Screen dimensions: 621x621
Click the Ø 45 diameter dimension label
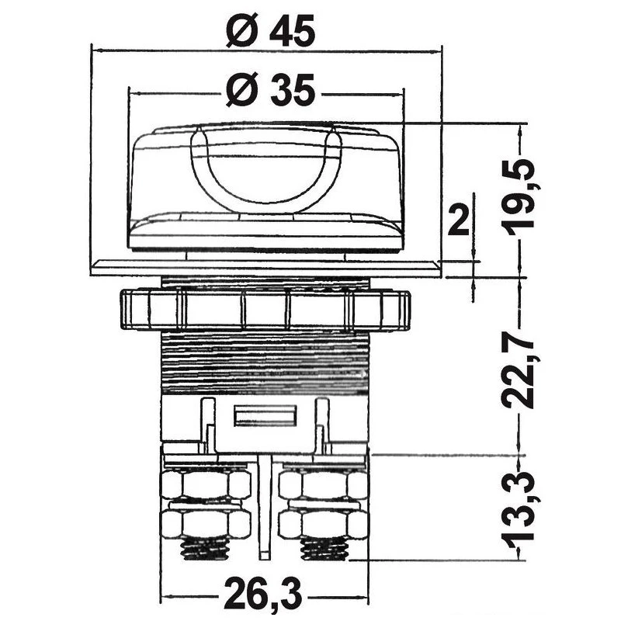(270, 30)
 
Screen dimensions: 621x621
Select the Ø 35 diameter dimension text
(270, 90)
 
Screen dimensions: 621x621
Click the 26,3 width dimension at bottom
(263, 595)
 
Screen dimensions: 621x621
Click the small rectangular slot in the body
(265, 415)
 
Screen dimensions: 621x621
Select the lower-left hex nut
(206, 522)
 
